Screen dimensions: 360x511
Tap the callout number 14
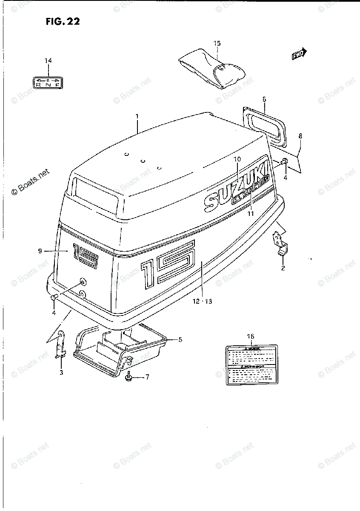pos(48,61)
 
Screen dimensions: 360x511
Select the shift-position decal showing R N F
pos(48,82)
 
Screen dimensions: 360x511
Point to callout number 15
pos(217,43)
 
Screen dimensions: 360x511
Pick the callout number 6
pos(264,99)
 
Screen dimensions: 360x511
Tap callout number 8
pos(300,136)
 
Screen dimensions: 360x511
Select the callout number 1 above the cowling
pos(137,116)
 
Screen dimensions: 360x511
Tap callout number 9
pos(40,251)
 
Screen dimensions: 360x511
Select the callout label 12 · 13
pos(202,301)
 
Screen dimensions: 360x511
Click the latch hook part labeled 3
pos(61,345)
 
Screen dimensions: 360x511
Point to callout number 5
pos(180,339)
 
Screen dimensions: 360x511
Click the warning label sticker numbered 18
pos(250,365)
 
